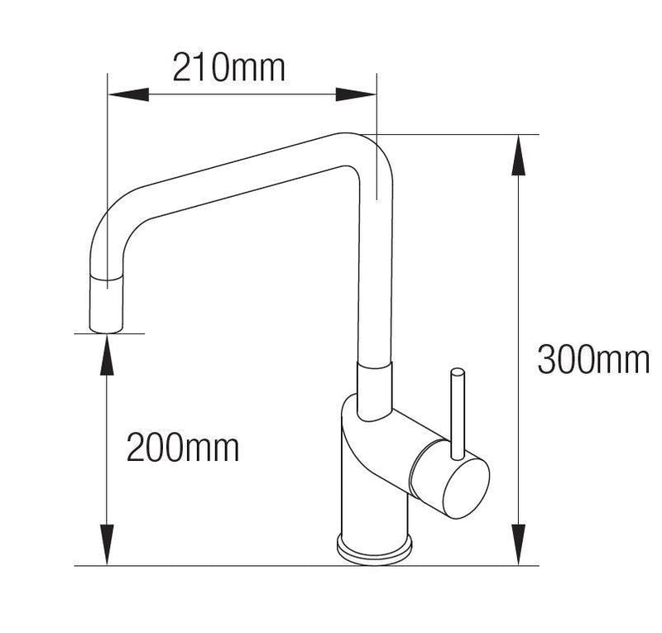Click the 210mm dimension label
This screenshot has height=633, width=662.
228,67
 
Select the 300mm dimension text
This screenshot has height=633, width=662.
592,360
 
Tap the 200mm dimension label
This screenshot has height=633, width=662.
183,448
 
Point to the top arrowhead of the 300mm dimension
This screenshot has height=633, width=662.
519,154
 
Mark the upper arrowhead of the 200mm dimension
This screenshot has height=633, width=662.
107,352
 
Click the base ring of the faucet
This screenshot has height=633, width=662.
373,547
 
